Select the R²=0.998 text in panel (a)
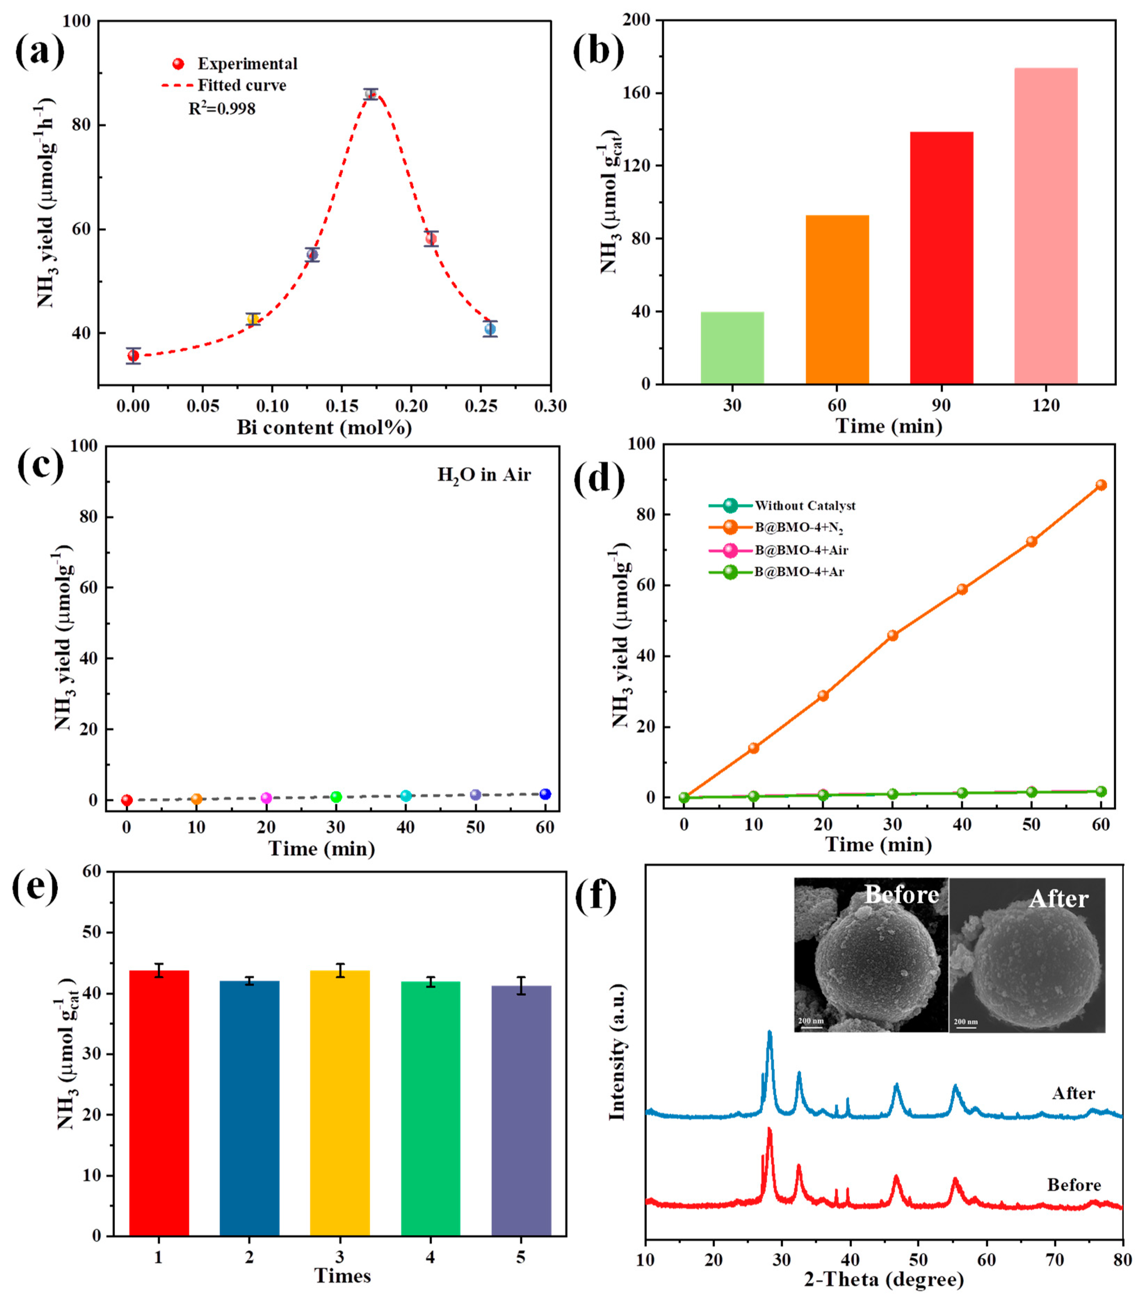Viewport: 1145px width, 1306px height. coord(222,109)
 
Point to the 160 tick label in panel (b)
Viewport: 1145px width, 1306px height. coord(637,93)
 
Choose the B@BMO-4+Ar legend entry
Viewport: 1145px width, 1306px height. coord(799,572)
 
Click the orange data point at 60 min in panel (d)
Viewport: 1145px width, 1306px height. coord(1101,485)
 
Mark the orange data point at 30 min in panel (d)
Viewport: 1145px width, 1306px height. coord(893,635)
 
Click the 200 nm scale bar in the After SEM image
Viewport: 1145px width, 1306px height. coord(965,1023)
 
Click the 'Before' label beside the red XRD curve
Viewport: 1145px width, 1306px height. coord(1073,1185)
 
